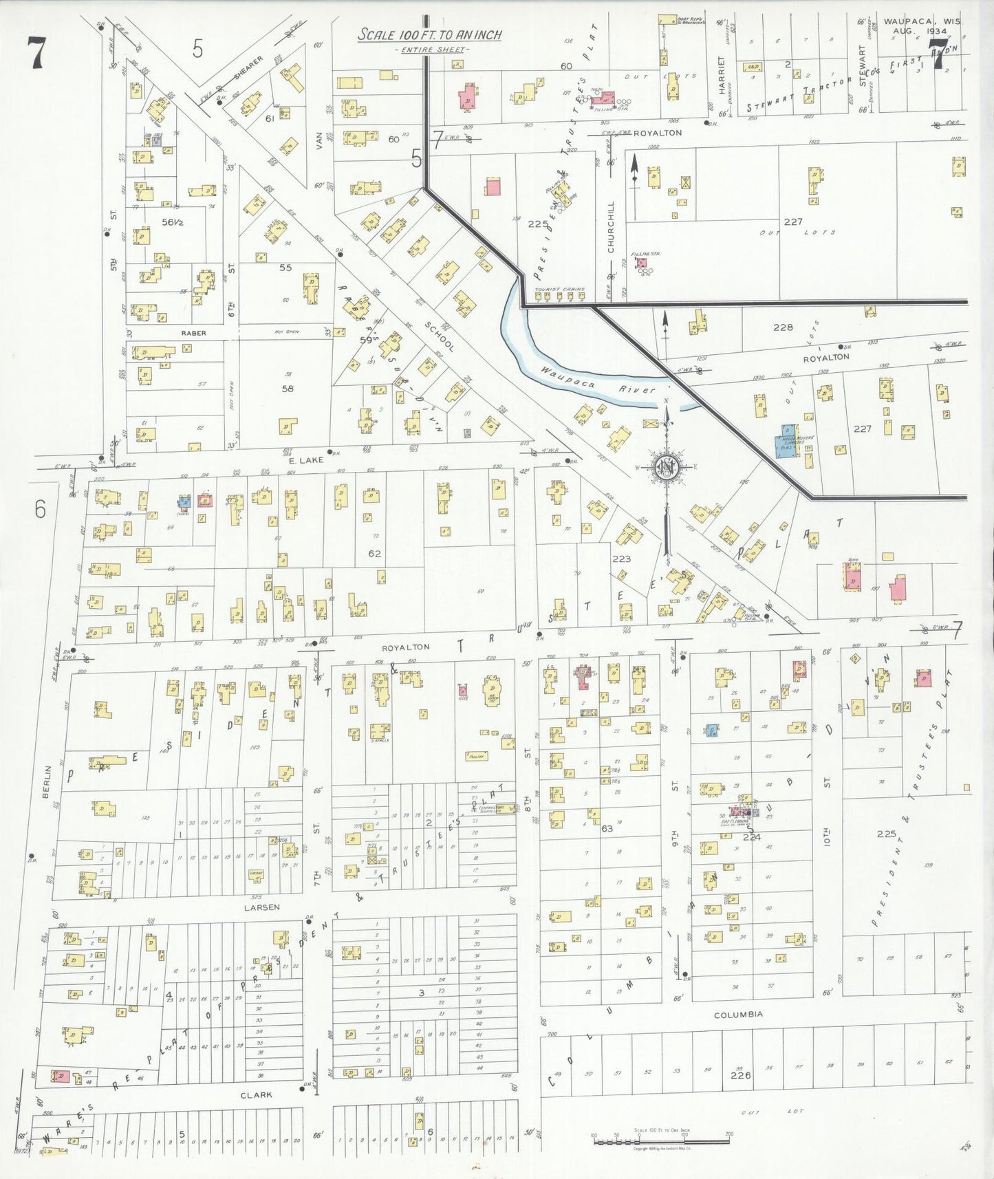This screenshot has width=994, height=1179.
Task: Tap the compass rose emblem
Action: (666, 467)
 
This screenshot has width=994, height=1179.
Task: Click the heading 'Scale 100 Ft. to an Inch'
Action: (429, 35)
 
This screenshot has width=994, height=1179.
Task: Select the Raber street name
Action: (193, 333)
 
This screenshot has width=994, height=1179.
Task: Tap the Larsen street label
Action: (261, 907)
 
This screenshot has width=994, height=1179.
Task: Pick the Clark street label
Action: (256, 1094)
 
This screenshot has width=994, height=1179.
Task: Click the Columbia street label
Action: (737, 1015)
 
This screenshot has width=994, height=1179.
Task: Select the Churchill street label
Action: (611, 226)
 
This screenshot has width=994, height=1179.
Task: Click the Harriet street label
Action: (722, 76)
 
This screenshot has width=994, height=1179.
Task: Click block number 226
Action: (740, 1075)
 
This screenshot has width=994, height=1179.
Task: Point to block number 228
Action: (783, 327)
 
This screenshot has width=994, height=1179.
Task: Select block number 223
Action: (621, 559)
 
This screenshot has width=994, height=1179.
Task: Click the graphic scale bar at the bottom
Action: (661, 1142)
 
